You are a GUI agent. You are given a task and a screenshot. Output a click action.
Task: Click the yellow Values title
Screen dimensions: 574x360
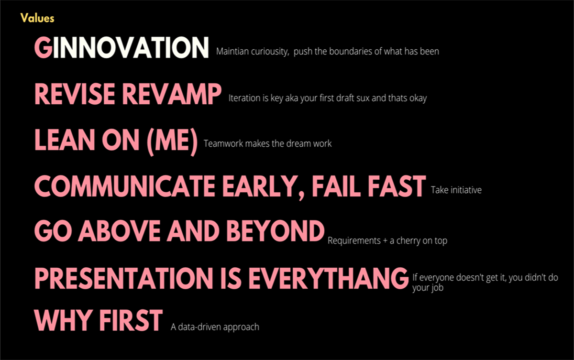pyautogui.click(x=37, y=18)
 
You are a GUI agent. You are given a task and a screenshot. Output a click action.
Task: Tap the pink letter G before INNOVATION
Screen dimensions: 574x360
pyautogui.click(x=44, y=47)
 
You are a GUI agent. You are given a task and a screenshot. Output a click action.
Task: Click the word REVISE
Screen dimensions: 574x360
pyautogui.click(x=75, y=94)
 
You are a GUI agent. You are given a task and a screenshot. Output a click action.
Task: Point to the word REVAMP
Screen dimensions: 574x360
pyautogui.click(x=172, y=94)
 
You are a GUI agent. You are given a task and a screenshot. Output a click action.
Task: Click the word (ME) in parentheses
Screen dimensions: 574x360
pyautogui.click(x=172, y=142)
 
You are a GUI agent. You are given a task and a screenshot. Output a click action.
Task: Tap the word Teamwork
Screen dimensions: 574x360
pyautogui.click(x=223, y=143)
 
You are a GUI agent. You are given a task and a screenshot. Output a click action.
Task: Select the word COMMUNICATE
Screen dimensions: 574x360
pyautogui.click(x=125, y=186)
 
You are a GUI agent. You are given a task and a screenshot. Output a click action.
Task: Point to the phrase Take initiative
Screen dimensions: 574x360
pyautogui.click(x=456, y=190)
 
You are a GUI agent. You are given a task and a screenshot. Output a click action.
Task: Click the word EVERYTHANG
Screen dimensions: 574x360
pyautogui.click(x=329, y=278)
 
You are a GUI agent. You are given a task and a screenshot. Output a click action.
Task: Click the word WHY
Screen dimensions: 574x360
pyautogui.click(x=64, y=320)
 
